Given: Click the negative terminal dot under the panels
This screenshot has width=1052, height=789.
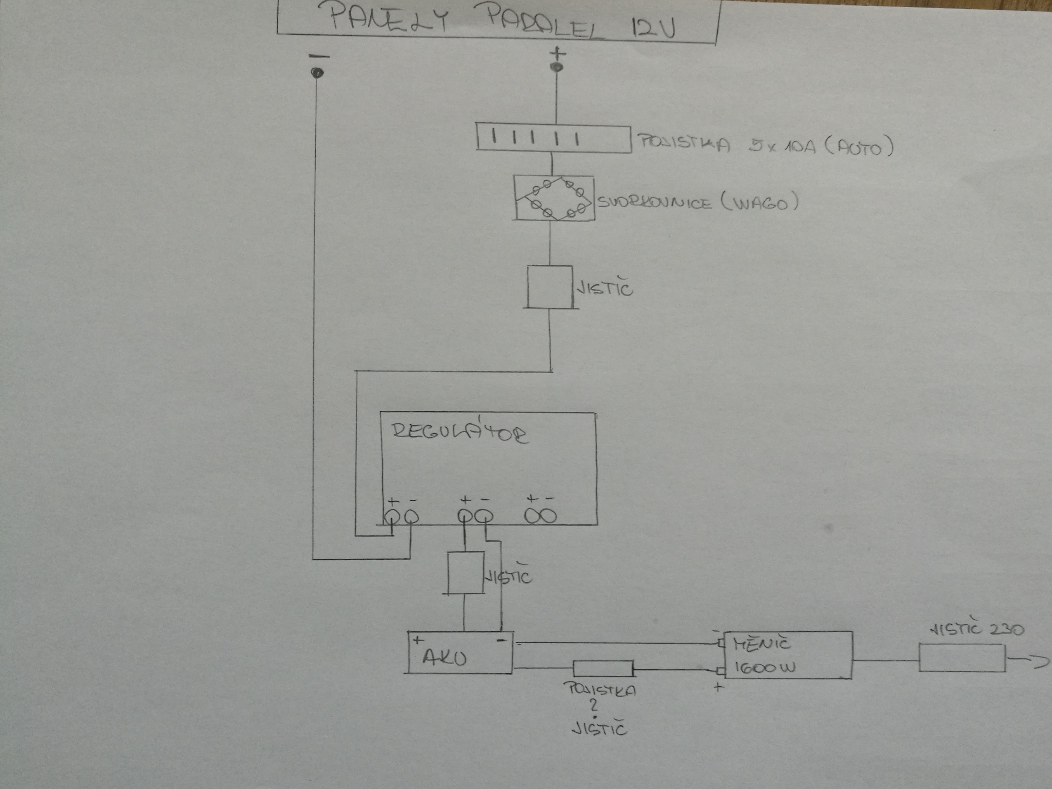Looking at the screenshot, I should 317,73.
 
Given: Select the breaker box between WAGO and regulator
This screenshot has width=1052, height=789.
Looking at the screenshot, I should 550,287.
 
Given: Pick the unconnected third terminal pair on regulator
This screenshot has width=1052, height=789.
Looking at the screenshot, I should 541,516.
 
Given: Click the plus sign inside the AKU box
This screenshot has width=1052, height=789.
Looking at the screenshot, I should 418,640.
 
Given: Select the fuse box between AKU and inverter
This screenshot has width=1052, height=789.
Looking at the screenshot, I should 602,668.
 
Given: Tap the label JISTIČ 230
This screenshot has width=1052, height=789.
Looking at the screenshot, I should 977,629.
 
